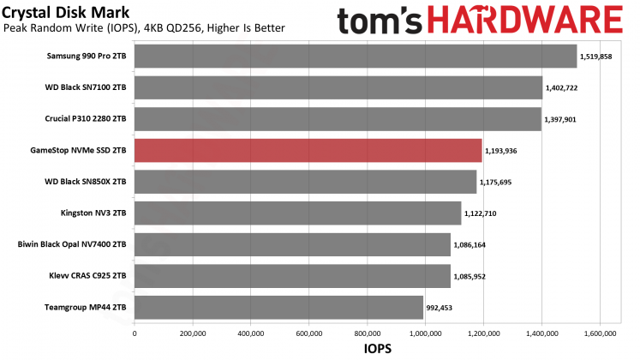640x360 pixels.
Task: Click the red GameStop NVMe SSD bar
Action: click(308, 151)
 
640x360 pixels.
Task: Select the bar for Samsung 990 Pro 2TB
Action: click(356, 57)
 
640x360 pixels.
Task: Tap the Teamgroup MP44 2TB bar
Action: click(278, 308)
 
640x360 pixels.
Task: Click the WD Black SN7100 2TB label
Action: click(86, 88)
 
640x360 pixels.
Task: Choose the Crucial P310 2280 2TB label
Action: click(84, 119)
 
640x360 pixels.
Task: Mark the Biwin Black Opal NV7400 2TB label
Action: click(73, 245)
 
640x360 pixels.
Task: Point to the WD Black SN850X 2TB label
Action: click(86, 183)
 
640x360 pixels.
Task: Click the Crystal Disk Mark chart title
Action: click(58, 12)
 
